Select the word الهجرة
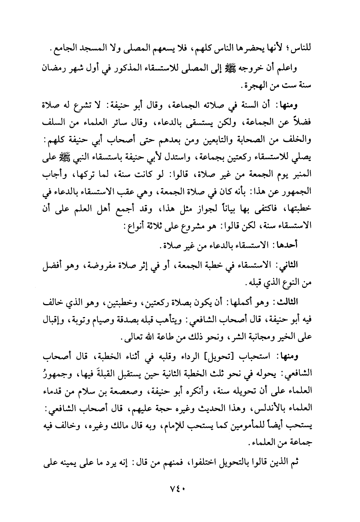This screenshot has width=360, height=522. click(x=87, y=86)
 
